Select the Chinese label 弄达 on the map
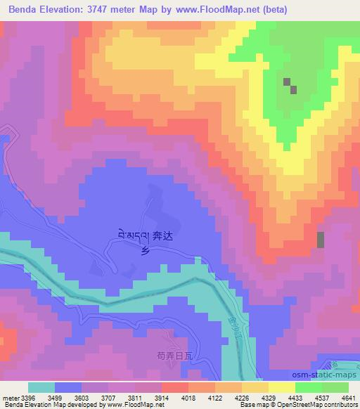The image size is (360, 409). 162,238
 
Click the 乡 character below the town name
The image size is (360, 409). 146,252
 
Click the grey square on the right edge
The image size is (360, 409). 321,240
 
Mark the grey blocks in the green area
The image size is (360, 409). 289,86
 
